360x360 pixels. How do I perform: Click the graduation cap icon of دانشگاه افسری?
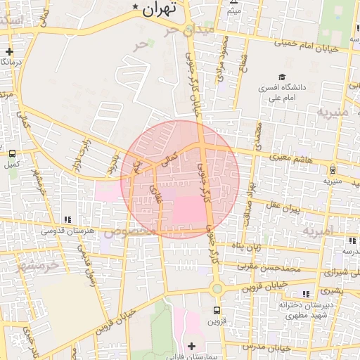(x=282, y=77)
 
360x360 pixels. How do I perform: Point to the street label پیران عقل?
(x=283, y=209)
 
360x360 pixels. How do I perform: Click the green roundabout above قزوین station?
(x=217, y=288)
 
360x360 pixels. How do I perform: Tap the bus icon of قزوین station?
(x=217, y=309)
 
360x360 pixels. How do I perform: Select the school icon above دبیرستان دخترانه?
(x=304, y=294)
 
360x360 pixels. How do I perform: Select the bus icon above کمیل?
(x=12, y=153)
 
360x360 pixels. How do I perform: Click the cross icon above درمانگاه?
(x=8, y=51)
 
